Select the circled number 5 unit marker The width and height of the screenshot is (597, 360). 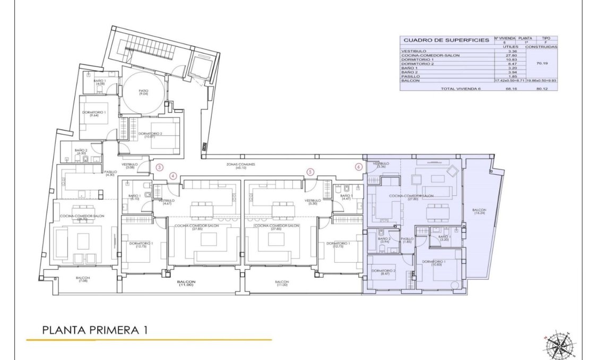coord(310,172)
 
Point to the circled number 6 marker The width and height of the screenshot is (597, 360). coord(359,166)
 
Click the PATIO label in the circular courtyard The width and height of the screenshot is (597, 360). coord(143,92)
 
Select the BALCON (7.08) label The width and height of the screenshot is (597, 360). coord(82,279)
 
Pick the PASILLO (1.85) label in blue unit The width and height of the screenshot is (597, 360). coord(407,240)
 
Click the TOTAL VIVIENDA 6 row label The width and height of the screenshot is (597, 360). coord(460,89)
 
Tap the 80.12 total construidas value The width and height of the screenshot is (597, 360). coord(541,89)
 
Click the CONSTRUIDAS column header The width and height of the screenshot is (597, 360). coord(541,47)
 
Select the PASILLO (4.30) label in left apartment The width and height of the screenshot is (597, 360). coord(110,173)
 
